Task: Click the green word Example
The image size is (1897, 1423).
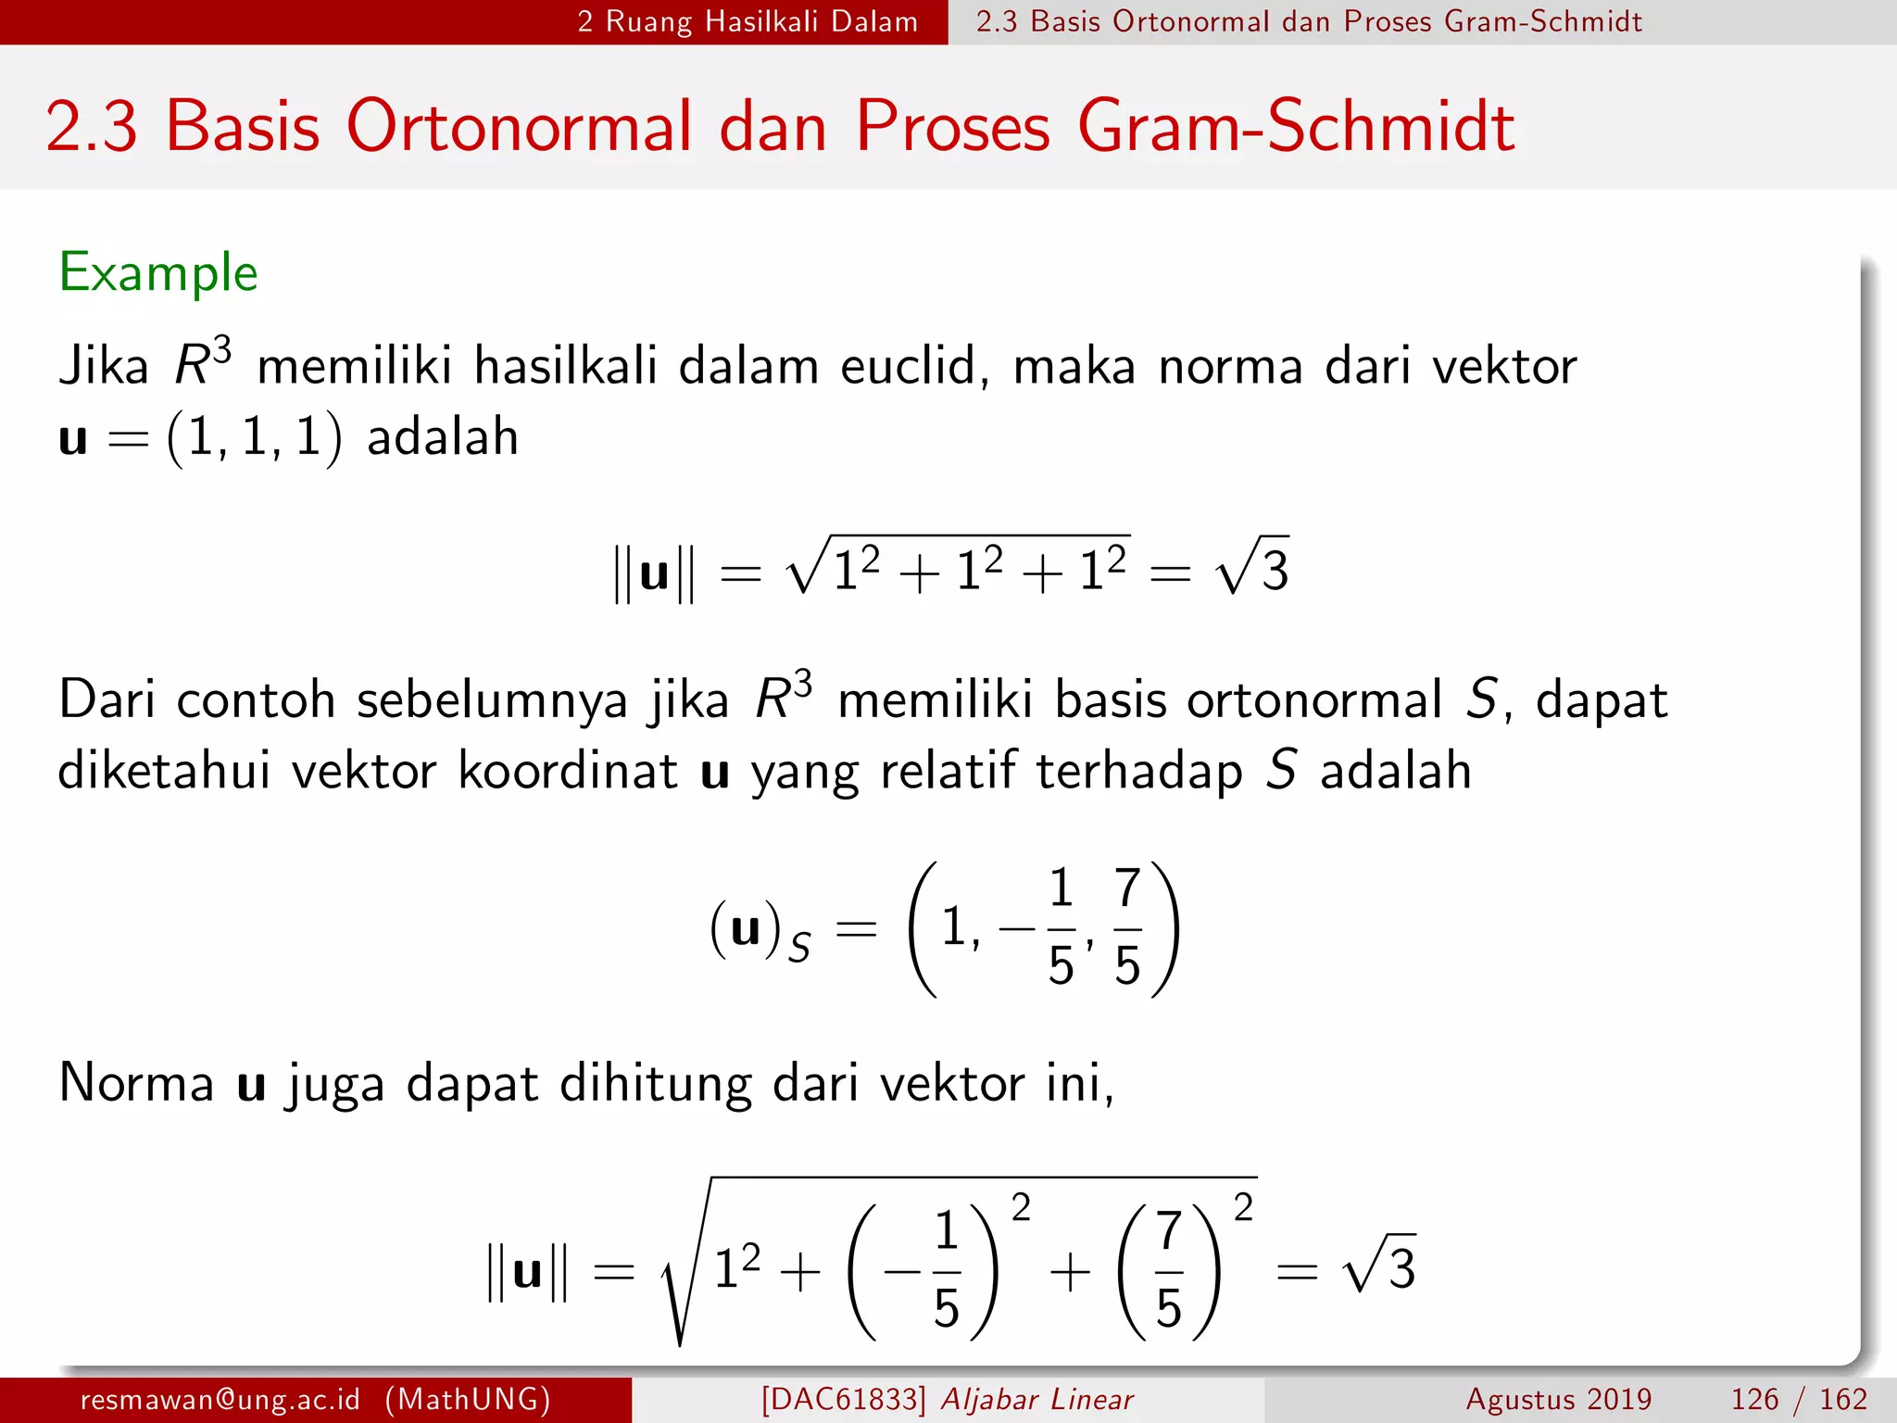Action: (x=158, y=273)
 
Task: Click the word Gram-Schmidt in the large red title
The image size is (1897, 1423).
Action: (x=1295, y=127)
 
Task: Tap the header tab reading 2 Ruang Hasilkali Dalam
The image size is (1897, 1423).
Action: (x=747, y=21)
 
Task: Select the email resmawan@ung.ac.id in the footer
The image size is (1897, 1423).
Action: (x=220, y=1399)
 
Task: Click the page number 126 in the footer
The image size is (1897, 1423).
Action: (x=1754, y=1399)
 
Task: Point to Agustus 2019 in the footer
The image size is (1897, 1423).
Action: (x=1559, y=1399)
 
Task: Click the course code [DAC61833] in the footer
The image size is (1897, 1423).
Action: (x=843, y=1399)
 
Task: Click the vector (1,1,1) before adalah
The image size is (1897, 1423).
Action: (x=254, y=437)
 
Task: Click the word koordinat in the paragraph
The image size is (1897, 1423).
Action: (x=568, y=771)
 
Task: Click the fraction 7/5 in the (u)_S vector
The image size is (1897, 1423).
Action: (x=1126, y=927)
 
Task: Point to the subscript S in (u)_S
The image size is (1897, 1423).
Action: (x=799, y=948)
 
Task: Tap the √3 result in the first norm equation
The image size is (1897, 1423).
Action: (x=1254, y=568)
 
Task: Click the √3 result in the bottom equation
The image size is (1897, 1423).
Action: (x=1380, y=1266)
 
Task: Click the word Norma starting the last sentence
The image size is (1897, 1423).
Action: (x=136, y=1082)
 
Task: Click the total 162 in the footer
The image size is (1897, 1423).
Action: (x=1843, y=1399)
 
